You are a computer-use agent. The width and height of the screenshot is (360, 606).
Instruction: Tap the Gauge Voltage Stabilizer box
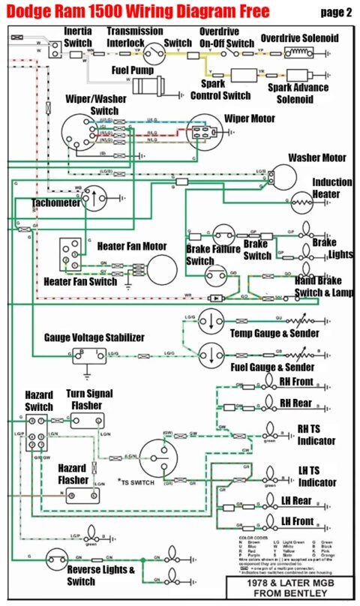point(87,355)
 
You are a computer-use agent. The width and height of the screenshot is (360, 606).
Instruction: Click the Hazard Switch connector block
point(36,433)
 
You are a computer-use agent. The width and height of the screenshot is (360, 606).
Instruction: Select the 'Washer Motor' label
point(317,158)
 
